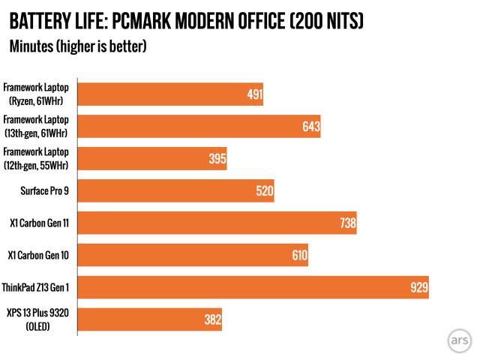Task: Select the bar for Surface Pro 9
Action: [175, 190]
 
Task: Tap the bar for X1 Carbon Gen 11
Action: [217, 223]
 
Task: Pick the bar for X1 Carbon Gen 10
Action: [193, 255]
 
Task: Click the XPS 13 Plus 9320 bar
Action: [149, 319]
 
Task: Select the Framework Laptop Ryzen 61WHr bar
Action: [170, 94]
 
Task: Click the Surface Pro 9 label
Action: [44, 190]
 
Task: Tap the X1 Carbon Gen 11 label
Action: [40, 223]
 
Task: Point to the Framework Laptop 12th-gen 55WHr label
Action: [36, 158]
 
